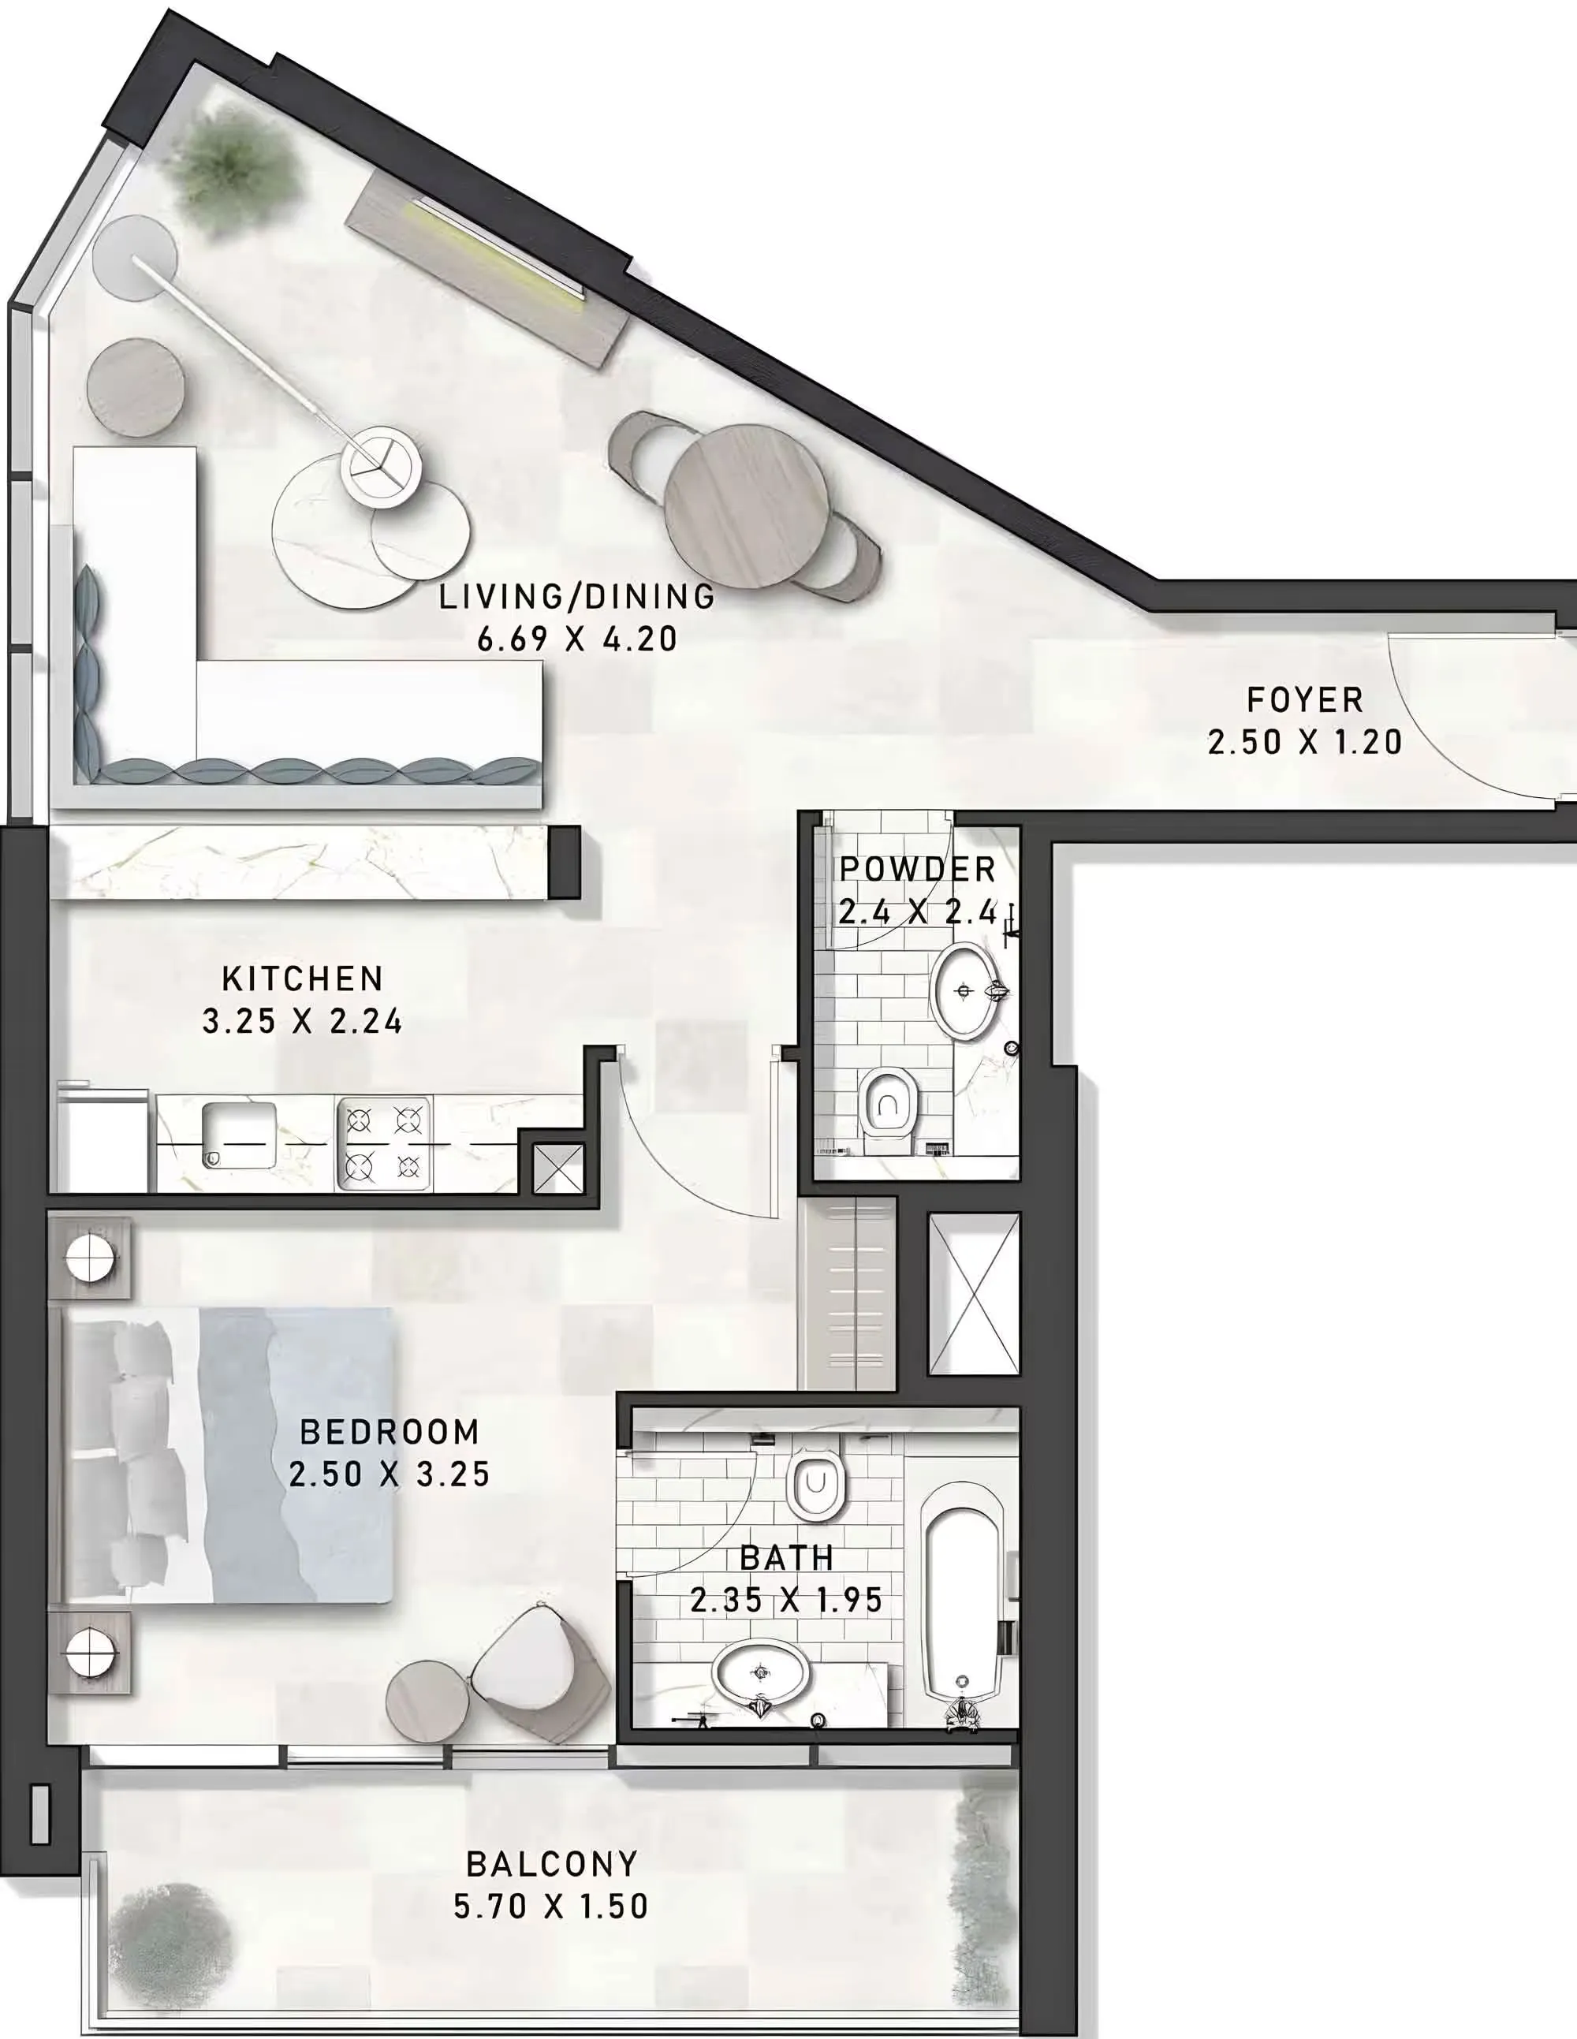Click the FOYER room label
coord(1304,699)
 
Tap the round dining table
coord(746,507)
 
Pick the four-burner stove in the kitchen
coord(384,1143)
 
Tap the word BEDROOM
coord(390,1431)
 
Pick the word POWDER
coord(918,869)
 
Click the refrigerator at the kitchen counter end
coord(102,1137)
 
